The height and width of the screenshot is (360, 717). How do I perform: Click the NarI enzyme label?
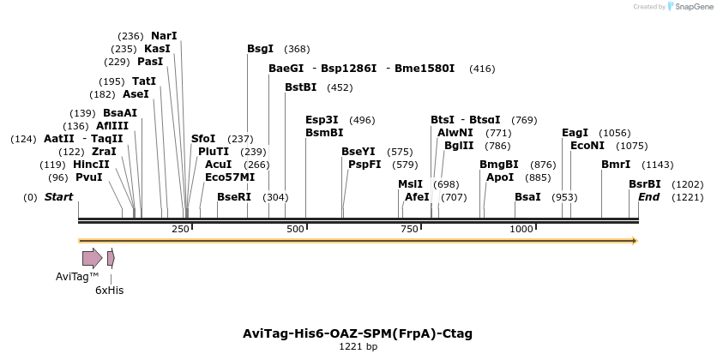click(164, 36)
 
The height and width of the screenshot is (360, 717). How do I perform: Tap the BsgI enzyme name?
click(260, 49)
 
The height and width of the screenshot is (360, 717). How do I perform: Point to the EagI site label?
click(575, 133)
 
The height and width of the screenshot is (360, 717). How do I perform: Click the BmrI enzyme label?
click(616, 165)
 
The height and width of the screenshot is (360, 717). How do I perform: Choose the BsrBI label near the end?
click(645, 184)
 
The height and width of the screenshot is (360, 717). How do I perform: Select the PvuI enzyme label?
click(88, 177)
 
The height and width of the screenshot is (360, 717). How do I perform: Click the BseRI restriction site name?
click(233, 197)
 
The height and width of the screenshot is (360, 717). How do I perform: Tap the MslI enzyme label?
click(410, 184)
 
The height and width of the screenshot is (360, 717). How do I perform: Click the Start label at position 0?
click(58, 197)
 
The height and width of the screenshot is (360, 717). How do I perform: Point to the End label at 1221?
click(649, 197)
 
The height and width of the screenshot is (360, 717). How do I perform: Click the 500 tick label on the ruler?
click(296, 230)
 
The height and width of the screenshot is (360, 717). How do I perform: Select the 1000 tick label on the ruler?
click(522, 230)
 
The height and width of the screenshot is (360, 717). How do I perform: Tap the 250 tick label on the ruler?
click(180, 230)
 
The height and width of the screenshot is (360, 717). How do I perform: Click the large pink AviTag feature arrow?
click(92, 258)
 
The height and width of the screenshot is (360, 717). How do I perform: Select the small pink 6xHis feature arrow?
click(111, 258)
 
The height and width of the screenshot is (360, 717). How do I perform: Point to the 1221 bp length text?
click(358, 347)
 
